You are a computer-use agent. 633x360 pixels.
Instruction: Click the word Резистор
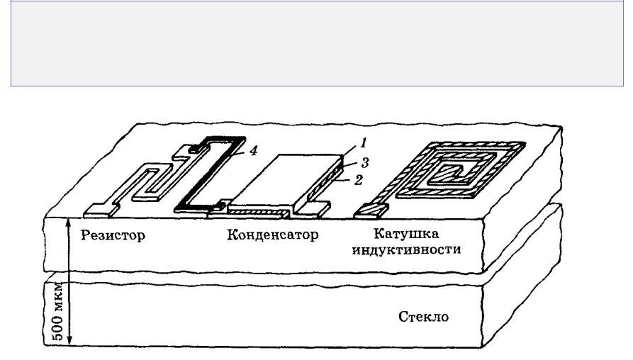[x=114, y=235]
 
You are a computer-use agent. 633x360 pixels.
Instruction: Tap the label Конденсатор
[x=271, y=235]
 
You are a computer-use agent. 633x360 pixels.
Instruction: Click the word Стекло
[x=424, y=316]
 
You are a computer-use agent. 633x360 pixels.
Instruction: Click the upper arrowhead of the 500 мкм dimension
[x=69, y=222]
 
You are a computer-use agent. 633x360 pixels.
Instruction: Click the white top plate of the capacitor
[x=284, y=177]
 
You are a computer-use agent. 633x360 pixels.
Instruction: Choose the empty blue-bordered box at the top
[x=316, y=43]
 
